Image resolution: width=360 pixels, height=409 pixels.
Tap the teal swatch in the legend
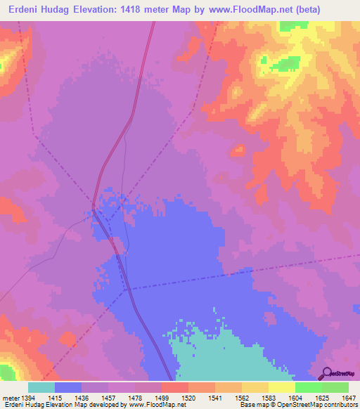coord(41,387)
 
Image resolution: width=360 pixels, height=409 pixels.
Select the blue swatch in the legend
coord(68,387)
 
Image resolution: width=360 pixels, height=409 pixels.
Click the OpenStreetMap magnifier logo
coord(326,374)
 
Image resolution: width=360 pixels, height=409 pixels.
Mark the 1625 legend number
coord(321,399)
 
